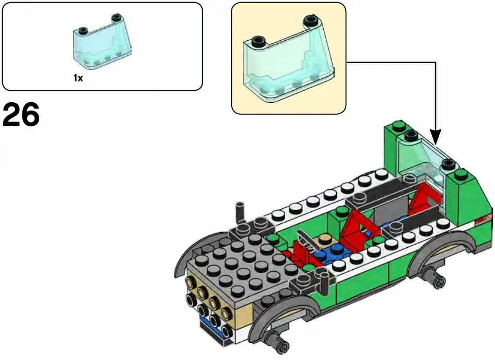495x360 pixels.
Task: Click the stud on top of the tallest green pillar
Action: [400, 125]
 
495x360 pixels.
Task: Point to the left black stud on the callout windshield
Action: [257, 41]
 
